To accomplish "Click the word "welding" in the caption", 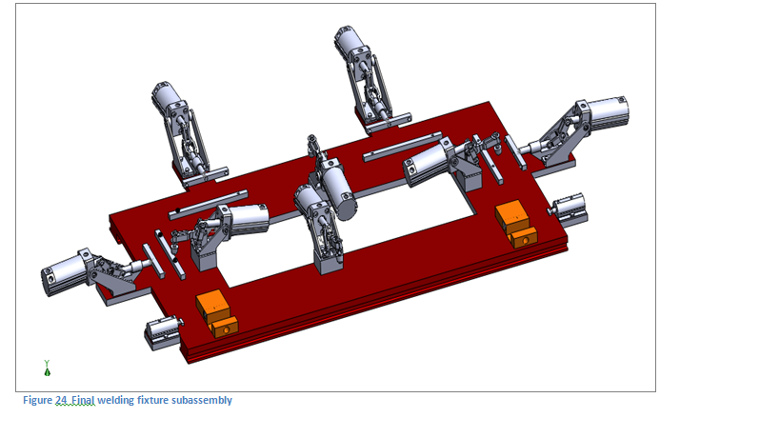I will pos(123,401).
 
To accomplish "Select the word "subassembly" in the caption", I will pos(202,401).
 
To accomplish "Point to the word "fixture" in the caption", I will pos(158,401).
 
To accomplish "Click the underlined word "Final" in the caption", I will pos(86,401).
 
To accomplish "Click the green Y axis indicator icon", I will pos(47,367).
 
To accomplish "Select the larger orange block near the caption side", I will pos(213,306).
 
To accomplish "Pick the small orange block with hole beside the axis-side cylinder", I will pos(224,327).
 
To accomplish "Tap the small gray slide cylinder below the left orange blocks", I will pos(162,332).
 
